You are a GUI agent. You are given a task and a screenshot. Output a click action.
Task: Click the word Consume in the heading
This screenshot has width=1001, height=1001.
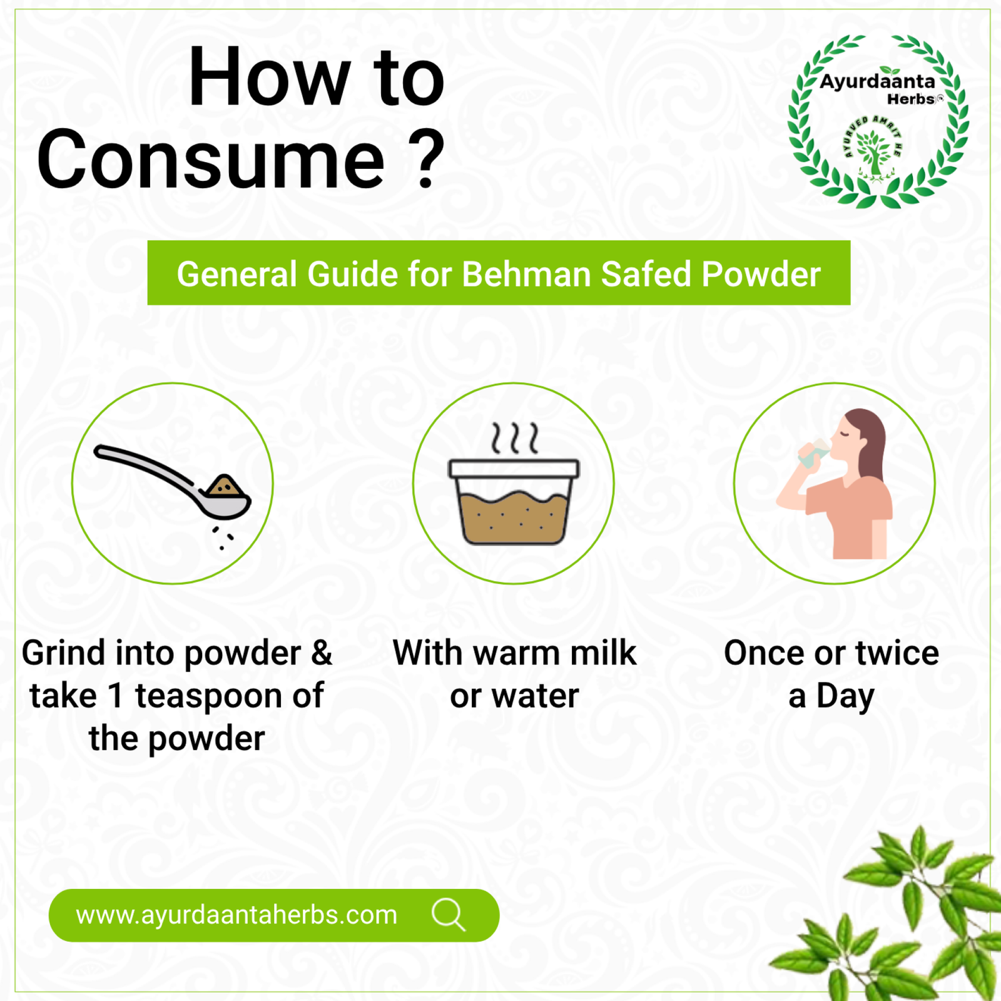coord(210,160)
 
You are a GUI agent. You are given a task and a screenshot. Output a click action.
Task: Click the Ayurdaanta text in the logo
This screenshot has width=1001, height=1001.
coord(877,81)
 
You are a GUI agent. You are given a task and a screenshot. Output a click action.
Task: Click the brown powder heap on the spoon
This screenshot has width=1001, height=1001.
coord(224,486)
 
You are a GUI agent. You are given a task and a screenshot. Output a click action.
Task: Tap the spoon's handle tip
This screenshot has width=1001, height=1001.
coord(98,450)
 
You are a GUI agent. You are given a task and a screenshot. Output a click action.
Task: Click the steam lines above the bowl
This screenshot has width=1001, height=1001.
coord(514,437)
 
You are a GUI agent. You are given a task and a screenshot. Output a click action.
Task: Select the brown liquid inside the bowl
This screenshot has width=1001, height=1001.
coord(514,517)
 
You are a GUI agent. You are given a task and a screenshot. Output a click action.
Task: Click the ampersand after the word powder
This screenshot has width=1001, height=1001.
coord(322,653)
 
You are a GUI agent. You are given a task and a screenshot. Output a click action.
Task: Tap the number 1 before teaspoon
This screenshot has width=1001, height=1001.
coord(116,696)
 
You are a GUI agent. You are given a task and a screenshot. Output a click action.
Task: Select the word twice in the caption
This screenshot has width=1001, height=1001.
coord(897,653)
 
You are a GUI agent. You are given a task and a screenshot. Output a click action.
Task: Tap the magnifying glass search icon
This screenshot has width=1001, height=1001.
coord(449,915)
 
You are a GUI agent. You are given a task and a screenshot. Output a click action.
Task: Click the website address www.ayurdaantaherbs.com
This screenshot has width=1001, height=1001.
coord(236,915)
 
